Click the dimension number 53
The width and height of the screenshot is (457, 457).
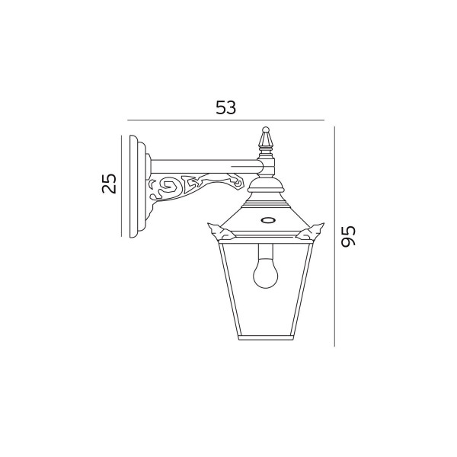225,107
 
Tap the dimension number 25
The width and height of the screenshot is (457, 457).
109,184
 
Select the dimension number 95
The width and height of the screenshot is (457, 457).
349,236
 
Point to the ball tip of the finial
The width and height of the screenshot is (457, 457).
265,129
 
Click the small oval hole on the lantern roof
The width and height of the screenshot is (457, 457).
267,220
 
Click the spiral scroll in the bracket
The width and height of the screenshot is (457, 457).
164,187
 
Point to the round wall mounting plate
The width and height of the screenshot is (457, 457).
138,187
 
